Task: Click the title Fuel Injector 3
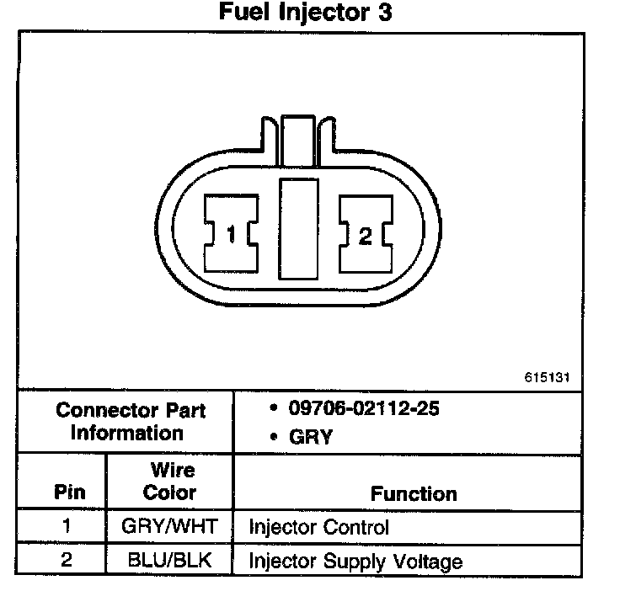[306, 13]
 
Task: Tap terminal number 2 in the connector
[365, 237]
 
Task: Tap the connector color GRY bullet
[310, 437]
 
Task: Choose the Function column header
[414, 494]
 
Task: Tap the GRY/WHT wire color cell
[169, 527]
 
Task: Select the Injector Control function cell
[318, 528]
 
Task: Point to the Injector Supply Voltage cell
[355, 561]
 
